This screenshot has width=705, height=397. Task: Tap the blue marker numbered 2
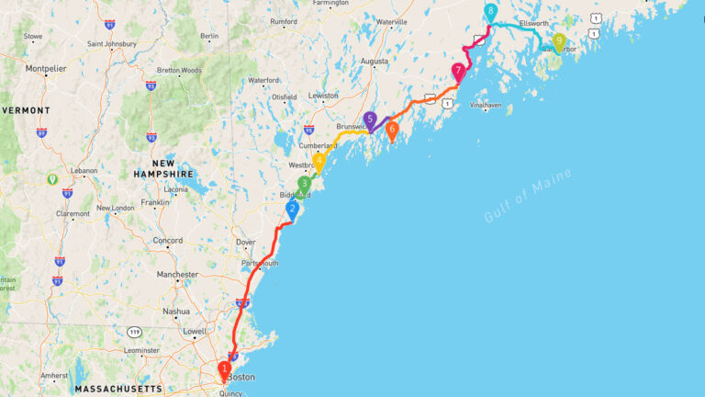(x=293, y=210)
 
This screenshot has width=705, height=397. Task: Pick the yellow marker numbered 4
(x=319, y=162)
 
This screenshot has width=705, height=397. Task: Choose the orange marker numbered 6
(x=392, y=130)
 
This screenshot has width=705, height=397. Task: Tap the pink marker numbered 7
(x=458, y=71)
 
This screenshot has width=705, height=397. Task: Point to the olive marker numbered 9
(x=558, y=40)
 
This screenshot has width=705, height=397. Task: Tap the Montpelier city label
(x=46, y=69)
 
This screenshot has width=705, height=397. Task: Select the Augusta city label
(x=375, y=62)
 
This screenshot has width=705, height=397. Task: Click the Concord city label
(x=168, y=241)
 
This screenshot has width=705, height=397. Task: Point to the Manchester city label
(x=177, y=275)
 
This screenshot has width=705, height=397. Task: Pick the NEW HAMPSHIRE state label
(x=163, y=168)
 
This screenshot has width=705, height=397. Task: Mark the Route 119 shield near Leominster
(x=135, y=331)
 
